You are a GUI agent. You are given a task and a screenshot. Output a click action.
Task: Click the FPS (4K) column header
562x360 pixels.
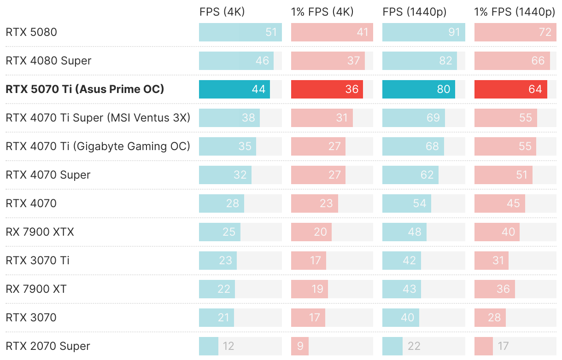pyautogui.click(x=222, y=12)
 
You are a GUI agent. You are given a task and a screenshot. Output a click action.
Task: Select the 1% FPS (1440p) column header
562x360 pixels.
pyautogui.click(x=515, y=12)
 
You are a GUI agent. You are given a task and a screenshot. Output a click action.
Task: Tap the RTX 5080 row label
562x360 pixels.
pyautogui.click(x=31, y=32)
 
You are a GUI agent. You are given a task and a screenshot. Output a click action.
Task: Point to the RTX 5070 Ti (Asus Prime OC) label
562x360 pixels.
pyautogui.click(x=85, y=89)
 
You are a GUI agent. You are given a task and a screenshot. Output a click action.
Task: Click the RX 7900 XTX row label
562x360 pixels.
pyautogui.click(x=40, y=232)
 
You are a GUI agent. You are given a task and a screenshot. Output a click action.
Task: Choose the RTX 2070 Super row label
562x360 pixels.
pyautogui.click(x=48, y=346)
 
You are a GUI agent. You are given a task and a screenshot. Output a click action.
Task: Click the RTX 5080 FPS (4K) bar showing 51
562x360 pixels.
pyautogui.click(x=240, y=32)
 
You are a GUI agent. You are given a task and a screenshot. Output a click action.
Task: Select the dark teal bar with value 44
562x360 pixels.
pyautogui.click(x=234, y=89)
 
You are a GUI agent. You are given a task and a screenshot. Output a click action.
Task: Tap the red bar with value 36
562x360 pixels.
pyautogui.click(x=327, y=89)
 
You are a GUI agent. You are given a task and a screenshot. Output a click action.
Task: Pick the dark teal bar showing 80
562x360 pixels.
pyautogui.click(x=418, y=89)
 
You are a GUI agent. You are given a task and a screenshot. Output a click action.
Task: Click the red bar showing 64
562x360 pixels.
pyautogui.click(x=510, y=89)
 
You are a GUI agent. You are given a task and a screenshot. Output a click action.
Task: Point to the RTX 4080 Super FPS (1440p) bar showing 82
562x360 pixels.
pyautogui.click(x=419, y=61)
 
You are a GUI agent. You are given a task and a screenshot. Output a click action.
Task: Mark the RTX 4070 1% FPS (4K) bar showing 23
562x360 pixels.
pyautogui.click(x=314, y=203)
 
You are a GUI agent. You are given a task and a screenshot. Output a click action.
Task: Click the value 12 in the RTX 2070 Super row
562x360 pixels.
pyautogui.click(x=228, y=346)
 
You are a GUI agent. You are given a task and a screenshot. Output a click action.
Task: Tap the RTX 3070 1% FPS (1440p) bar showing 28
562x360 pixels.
pyautogui.click(x=490, y=318)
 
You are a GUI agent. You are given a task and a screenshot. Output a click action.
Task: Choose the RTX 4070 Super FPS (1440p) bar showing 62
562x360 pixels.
pyautogui.click(x=410, y=175)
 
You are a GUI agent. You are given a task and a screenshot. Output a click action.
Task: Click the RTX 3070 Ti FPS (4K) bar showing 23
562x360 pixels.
pyautogui.click(x=217, y=261)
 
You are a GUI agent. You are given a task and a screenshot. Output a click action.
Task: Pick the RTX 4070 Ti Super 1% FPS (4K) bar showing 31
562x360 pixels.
pyautogui.click(x=322, y=118)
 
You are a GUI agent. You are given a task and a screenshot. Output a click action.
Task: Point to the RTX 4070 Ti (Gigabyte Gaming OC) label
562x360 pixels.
pyautogui.click(x=98, y=146)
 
